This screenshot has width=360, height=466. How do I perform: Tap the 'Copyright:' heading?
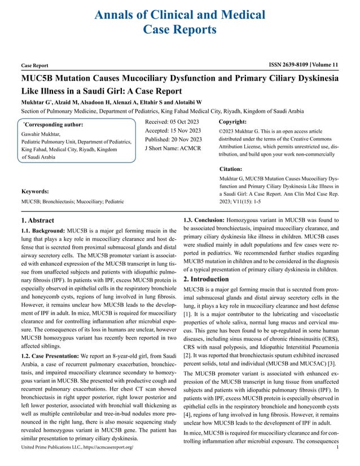point(232,121)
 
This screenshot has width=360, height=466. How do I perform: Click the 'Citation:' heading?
point(230,168)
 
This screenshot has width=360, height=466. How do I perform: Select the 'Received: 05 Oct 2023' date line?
point(173,121)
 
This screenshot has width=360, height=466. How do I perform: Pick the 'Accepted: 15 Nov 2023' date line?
point(173,130)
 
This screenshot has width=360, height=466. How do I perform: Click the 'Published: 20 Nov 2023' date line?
point(173,139)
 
